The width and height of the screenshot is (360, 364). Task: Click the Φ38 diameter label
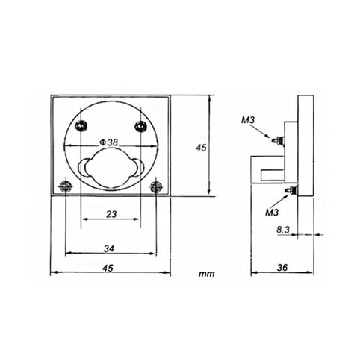pos(110,142)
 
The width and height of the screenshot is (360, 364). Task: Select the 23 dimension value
pos(110,214)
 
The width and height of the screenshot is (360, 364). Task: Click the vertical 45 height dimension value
pos(200,148)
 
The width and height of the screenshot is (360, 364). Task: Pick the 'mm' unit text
pos(207,274)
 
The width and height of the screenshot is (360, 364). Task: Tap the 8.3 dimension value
pos(282,231)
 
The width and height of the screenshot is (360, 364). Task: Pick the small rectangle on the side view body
pos(271,173)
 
